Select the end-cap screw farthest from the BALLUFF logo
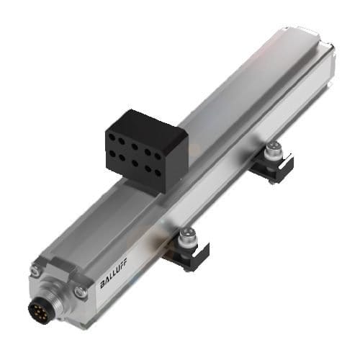(35, 270)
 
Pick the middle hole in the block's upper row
(135, 147)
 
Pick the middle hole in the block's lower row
(135, 163)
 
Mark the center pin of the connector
(40, 310)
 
